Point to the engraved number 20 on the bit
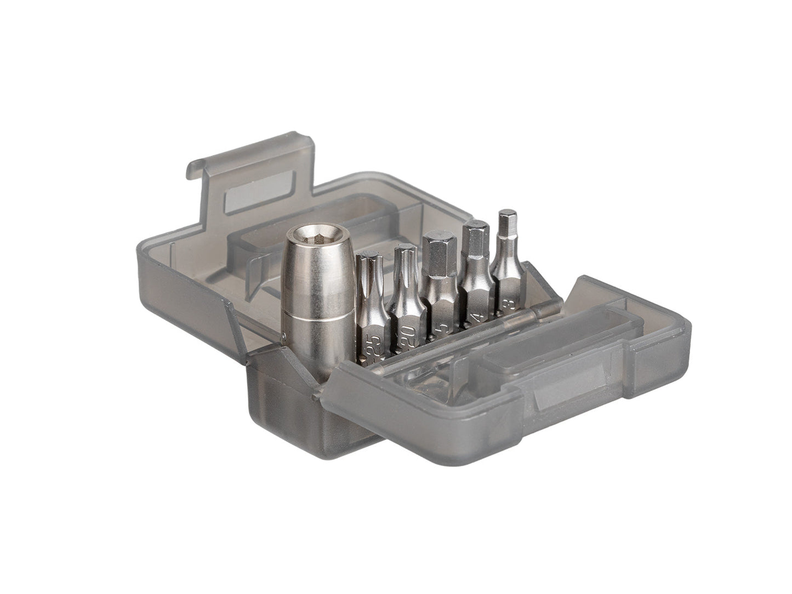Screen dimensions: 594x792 pyautogui.click(x=407, y=334)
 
